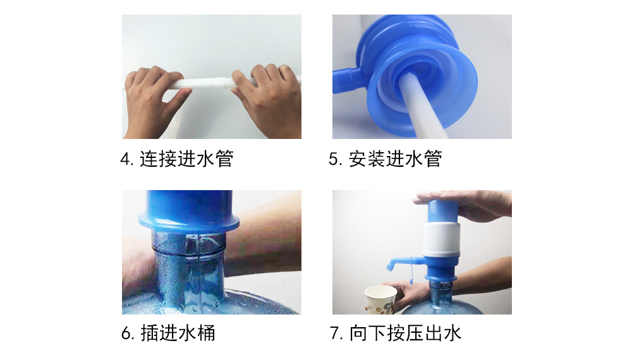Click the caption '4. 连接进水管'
[177, 159]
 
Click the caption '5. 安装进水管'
[385, 159]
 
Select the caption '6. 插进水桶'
[168, 333]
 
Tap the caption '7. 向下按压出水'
[396, 333]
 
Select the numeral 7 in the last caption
[335, 333]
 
